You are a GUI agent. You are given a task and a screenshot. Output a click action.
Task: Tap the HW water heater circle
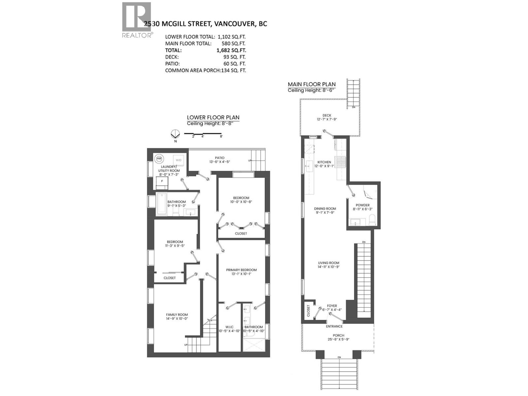pos(159,158)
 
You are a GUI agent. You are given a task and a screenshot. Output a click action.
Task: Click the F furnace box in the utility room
pos(162,181)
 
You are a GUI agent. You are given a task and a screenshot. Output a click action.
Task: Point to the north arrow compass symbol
pos(175,134)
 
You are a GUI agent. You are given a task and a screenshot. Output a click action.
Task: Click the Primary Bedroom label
pos(241,270)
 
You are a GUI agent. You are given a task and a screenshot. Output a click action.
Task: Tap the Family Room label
pos(177,315)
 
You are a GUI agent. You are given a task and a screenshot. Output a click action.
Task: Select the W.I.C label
pos(229,327)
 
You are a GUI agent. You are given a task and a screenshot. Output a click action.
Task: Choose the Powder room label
pos(362,205)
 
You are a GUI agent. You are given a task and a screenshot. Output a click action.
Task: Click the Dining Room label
pos(325,209)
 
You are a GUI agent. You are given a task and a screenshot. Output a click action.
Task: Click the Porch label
pos(338,335)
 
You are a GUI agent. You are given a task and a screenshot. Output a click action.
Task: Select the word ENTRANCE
pos(334,326)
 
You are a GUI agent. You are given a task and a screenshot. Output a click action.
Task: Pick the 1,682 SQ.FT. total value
pos(231,50)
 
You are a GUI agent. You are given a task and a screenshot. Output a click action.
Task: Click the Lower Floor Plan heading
pos(213,117)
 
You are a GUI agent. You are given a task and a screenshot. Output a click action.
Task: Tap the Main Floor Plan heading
pos(312,84)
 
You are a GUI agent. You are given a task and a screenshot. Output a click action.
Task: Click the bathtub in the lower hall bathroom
pos(162,204)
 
